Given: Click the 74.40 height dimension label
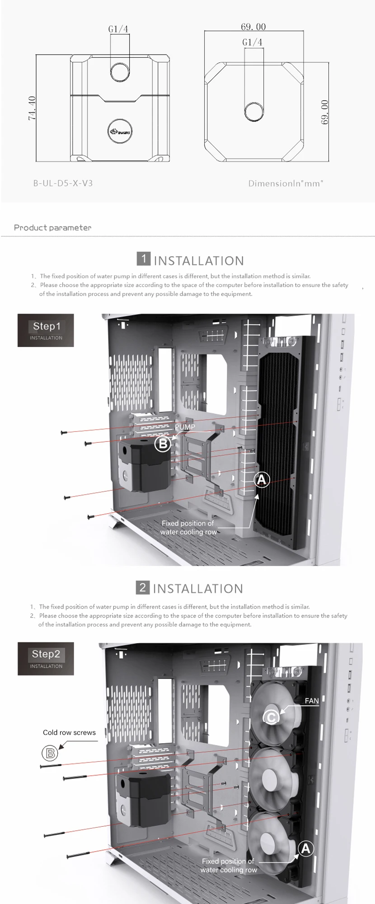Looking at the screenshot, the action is click(x=32, y=108).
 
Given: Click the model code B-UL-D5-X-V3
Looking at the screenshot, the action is click(x=63, y=183).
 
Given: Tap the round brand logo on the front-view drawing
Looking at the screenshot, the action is click(x=120, y=131).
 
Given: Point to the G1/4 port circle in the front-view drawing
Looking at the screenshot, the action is click(x=120, y=70).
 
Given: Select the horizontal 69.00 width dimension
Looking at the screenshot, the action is click(x=253, y=27).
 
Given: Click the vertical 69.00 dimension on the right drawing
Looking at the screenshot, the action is click(x=324, y=112).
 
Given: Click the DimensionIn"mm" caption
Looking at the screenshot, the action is click(x=286, y=183).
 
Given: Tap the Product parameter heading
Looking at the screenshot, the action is click(x=52, y=228).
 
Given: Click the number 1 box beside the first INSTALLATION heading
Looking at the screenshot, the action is click(x=143, y=259).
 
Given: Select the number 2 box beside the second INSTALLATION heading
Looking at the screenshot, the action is click(x=142, y=587).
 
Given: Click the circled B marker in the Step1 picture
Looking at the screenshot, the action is click(x=163, y=444).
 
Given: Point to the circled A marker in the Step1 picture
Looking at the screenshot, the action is click(x=262, y=479).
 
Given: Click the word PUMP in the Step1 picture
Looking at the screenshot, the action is click(x=185, y=427).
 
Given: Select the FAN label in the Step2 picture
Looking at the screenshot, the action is click(x=312, y=701).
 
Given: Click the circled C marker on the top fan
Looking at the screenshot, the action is click(x=271, y=717).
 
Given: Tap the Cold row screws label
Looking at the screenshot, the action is click(x=69, y=733).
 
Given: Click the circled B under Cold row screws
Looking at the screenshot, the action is click(x=50, y=753).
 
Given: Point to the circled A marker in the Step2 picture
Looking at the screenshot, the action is click(x=306, y=849).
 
